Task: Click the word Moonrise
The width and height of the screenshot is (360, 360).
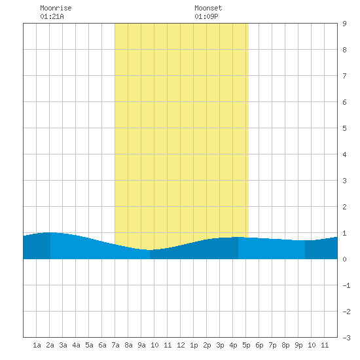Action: (56, 8)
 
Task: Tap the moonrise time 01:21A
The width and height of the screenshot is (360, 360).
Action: (52, 16)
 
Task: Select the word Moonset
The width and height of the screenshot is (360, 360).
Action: (208, 8)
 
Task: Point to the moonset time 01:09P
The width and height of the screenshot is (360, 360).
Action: (206, 16)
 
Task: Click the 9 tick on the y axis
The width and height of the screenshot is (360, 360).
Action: (344, 24)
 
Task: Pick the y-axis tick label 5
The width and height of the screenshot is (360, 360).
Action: (344, 128)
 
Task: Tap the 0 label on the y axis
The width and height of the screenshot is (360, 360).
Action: (344, 259)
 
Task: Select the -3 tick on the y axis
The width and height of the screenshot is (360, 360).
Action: (346, 338)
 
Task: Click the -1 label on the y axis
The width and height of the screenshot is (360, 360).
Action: (346, 285)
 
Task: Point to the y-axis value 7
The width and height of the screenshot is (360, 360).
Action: (344, 76)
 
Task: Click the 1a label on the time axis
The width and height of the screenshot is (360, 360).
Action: (37, 345)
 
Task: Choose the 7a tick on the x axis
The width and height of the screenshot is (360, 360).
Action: (115, 345)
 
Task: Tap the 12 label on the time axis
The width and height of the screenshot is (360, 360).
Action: (181, 345)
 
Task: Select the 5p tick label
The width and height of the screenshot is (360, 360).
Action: (246, 345)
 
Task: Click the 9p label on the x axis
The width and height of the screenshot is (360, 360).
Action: (298, 345)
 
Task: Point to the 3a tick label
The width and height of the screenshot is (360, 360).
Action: (63, 345)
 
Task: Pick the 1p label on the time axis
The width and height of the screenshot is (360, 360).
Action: (194, 345)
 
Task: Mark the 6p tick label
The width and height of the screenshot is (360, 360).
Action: (259, 345)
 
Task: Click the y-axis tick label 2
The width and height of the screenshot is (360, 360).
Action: (344, 207)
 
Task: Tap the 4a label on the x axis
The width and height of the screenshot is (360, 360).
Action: (76, 345)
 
